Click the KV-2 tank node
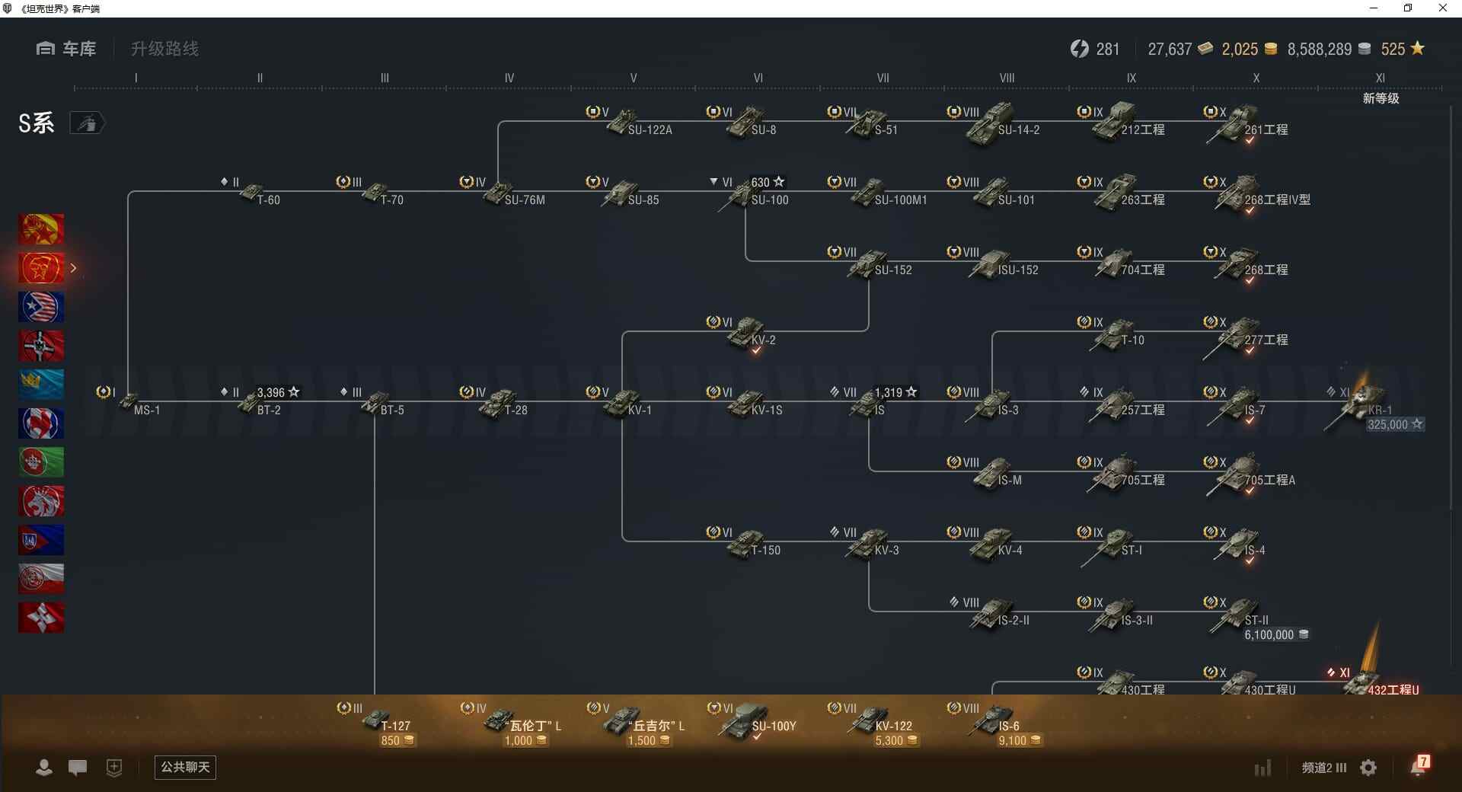point(750,334)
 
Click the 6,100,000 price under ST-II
point(1269,635)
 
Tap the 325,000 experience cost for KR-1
point(1388,425)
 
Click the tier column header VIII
point(1007,78)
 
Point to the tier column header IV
point(509,78)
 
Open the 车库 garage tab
point(66,49)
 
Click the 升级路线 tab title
point(164,49)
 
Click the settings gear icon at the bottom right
point(1368,768)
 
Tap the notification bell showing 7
point(1419,766)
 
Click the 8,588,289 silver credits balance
point(1320,49)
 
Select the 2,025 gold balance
point(1240,49)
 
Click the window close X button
point(1442,8)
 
